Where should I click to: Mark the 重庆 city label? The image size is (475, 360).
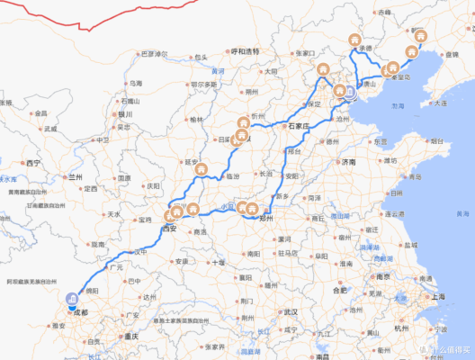pyautogui.click(x=136, y=337)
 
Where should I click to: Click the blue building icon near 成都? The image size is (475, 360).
pyautogui.click(x=70, y=301)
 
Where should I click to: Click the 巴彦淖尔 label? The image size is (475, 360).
pyautogui.click(x=154, y=54)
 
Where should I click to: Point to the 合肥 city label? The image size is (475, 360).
pyautogui.click(x=340, y=291)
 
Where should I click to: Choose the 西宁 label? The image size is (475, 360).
pyautogui.click(x=34, y=163)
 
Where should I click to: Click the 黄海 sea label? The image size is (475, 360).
pyautogui.click(x=462, y=214)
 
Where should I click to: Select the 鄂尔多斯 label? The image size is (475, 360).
pyautogui.click(x=203, y=84)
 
